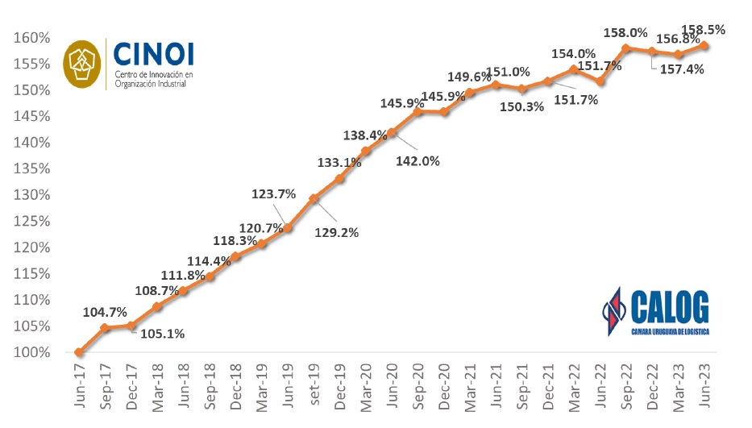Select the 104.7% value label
click(x=104, y=313)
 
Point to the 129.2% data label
click(x=336, y=232)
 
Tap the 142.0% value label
click(x=418, y=160)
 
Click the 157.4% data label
click(x=682, y=69)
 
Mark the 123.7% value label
click(x=275, y=194)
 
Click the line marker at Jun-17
click(x=78, y=352)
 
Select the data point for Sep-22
click(x=625, y=48)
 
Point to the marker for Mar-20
click(x=365, y=151)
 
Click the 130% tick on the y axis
click(x=31, y=195)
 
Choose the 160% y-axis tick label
click(x=31, y=38)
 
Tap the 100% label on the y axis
click(x=31, y=352)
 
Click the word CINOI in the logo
click(x=154, y=55)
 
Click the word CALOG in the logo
click(x=671, y=308)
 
